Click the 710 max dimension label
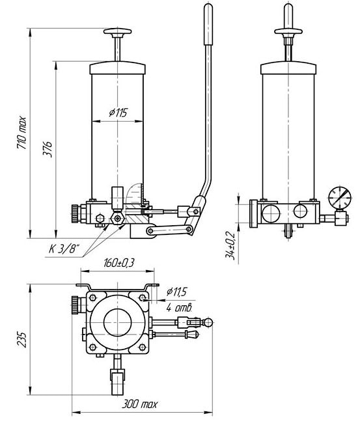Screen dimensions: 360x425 click(21, 133)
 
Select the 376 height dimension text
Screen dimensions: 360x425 click(47, 149)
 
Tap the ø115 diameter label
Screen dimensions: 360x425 click(118, 113)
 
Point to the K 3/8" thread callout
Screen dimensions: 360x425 click(64, 249)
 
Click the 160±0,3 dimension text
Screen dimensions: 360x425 click(119, 263)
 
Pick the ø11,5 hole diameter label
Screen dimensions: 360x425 click(176, 292)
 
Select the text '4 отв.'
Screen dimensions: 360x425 click(179, 307)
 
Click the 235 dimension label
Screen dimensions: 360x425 click(21, 339)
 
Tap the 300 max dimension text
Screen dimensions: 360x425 click(139, 404)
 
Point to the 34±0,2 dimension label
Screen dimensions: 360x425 click(230, 245)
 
